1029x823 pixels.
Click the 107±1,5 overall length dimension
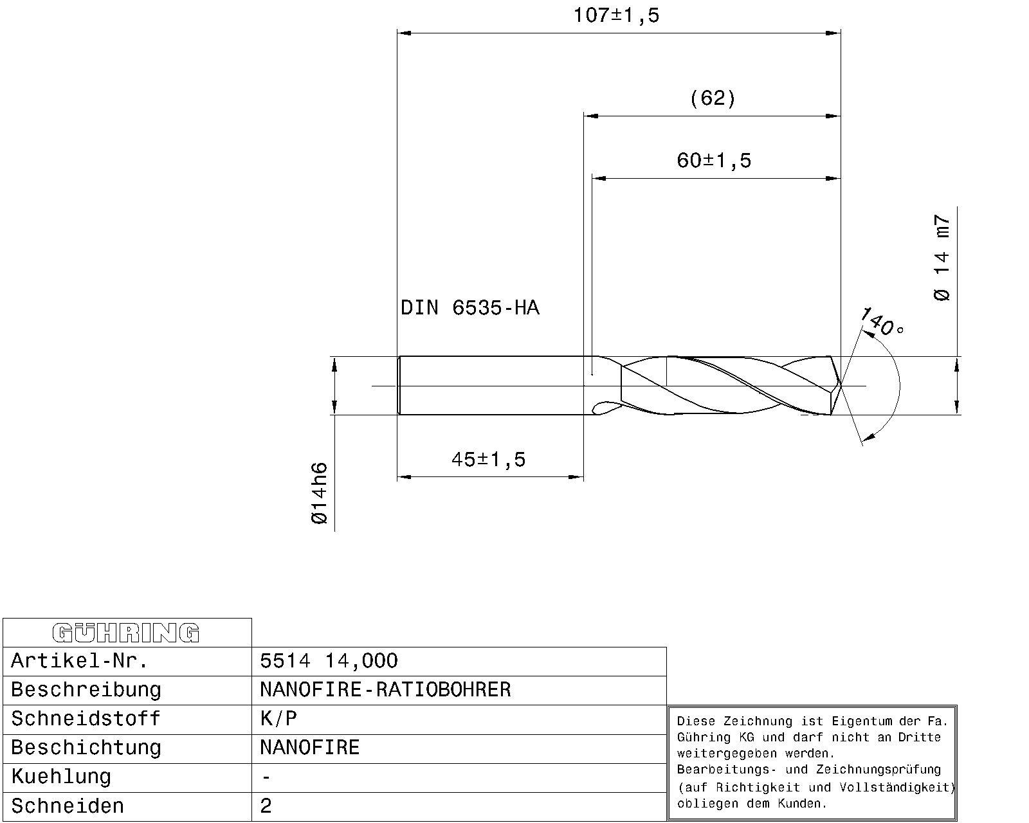616,15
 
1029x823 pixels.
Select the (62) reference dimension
712,98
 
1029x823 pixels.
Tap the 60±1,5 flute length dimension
713,160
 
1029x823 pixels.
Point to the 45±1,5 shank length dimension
488,459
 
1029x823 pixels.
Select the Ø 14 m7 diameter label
941,257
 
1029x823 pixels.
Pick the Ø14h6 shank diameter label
320,493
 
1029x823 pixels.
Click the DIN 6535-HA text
469,308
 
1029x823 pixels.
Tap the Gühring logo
126,633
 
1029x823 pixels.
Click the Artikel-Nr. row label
80,661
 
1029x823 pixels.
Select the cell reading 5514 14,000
329,661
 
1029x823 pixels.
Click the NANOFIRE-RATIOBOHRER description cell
385,690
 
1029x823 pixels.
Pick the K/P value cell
278,719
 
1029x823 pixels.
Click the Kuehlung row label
61,777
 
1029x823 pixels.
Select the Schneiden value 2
266,806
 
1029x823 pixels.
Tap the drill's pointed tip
840,386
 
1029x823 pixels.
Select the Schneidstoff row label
86,719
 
